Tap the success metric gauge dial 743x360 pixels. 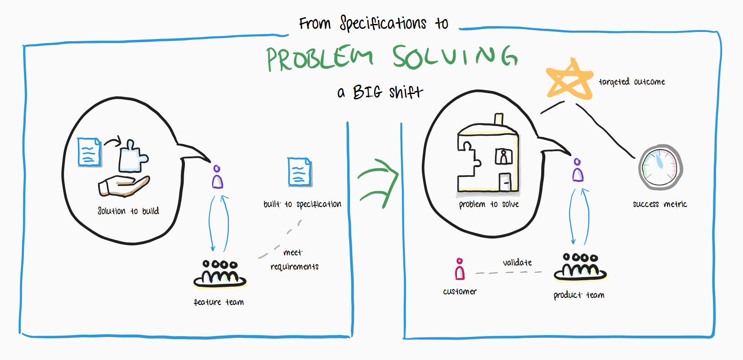(660, 168)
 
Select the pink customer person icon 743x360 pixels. (460, 269)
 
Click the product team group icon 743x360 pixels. (580, 267)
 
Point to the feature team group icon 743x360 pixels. (220, 273)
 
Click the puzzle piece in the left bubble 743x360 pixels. (132, 157)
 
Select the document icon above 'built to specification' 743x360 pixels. (299, 172)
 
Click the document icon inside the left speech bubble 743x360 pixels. (89, 152)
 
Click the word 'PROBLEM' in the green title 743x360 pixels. (319, 59)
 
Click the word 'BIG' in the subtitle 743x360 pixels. (367, 92)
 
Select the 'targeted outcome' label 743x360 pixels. (632, 82)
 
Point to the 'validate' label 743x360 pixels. (517, 262)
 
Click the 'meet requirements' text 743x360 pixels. (294, 260)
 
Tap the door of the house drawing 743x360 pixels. (505, 182)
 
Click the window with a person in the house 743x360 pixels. (503, 157)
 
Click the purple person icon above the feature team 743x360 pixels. (217, 177)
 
